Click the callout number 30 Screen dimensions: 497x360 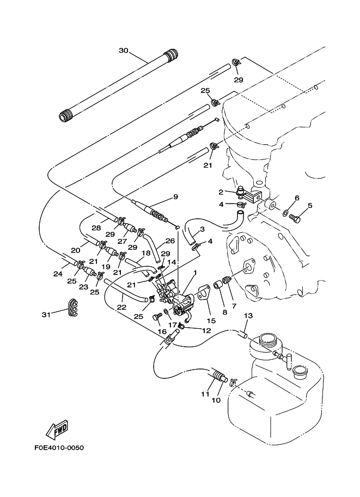click(x=123, y=51)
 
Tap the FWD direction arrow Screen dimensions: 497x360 click(x=57, y=429)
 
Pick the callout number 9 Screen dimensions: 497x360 click(x=175, y=197)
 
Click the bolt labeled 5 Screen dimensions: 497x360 click(x=295, y=219)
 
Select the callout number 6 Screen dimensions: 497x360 click(x=297, y=198)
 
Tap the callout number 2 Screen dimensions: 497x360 click(x=222, y=192)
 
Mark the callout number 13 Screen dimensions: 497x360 click(x=248, y=316)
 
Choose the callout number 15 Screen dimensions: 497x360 click(x=211, y=321)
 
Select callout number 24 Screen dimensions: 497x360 click(x=58, y=274)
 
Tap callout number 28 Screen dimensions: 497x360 click(x=96, y=227)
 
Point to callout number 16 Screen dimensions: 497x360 click(x=162, y=332)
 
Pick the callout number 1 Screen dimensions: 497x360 click(x=194, y=273)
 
